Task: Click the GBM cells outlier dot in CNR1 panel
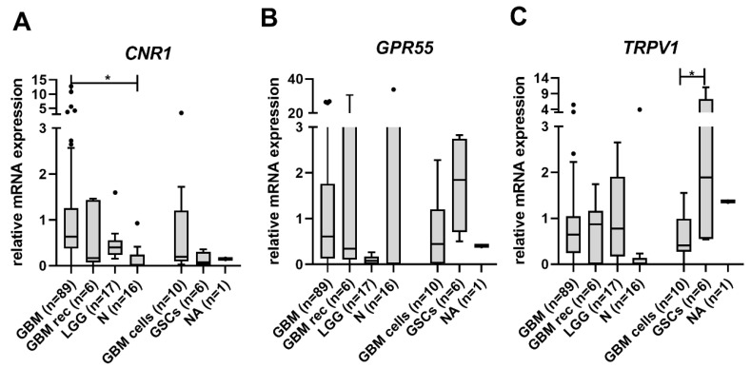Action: click(x=181, y=112)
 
